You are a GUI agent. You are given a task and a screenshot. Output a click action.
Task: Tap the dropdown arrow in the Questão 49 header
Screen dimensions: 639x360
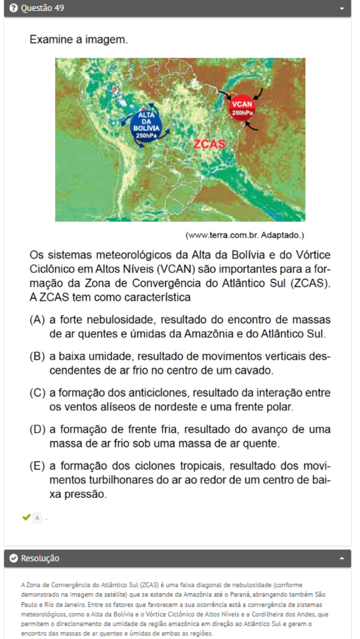coord(342,9)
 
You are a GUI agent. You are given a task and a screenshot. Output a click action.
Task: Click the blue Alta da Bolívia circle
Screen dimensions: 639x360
coord(146,124)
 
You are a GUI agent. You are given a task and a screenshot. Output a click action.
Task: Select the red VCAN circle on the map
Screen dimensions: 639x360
coord(242,107)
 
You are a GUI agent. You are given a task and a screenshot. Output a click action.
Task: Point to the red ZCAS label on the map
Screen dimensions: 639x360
coord(209,144)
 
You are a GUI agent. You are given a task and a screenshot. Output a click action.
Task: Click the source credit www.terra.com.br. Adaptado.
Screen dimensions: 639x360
coord(245,235)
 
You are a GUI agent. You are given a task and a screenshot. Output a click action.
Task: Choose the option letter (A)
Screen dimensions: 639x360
coord(37,320)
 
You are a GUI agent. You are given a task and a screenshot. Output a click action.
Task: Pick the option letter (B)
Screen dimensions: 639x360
coord(37,357)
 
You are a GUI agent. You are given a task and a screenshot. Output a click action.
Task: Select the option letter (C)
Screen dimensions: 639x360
coord(37,393)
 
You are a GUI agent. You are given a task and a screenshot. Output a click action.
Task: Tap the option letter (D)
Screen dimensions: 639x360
coord(37,429)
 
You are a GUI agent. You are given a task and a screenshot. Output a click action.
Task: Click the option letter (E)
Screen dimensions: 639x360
coord(37,466)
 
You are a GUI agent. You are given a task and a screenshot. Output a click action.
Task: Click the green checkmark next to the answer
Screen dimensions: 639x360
coord(26,517)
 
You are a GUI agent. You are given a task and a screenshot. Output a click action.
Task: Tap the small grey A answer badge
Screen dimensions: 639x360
coord(38,518)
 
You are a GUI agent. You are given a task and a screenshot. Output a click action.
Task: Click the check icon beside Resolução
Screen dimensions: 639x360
coord(14,558)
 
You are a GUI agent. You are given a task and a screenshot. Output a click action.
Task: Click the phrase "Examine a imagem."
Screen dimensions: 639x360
coord(79,40)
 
